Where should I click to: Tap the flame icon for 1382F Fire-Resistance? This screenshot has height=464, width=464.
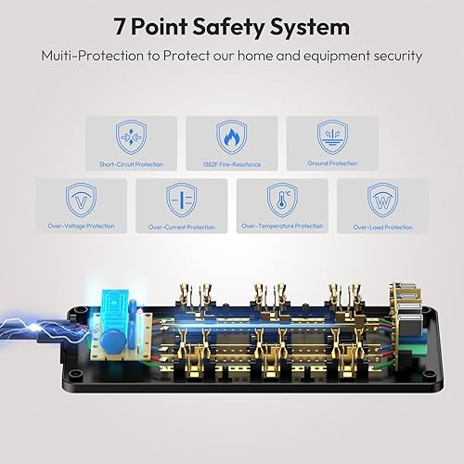tap(231, 137)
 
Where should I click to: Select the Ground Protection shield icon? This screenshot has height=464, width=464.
tap(331, 137)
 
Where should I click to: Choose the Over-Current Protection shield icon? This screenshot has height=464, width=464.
tap(180, 200)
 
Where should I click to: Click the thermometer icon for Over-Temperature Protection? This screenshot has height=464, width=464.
tap(281, 200)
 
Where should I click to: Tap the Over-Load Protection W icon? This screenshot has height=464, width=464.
tap(382, 200)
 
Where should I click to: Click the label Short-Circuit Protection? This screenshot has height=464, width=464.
tap(130, 164)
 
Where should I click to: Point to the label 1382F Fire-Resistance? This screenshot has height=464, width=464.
tap(231, 164)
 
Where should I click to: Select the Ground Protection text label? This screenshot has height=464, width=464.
tap(331, 164)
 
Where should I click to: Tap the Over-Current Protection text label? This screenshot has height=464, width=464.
tap(180, 226)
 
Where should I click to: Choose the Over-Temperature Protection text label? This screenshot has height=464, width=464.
tap(281, 226)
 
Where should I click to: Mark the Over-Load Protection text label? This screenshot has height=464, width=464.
tap(382, 226)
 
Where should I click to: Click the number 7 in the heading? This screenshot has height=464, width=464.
tap(120, 27)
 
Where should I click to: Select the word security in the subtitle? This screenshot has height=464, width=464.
tap(395, 56)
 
